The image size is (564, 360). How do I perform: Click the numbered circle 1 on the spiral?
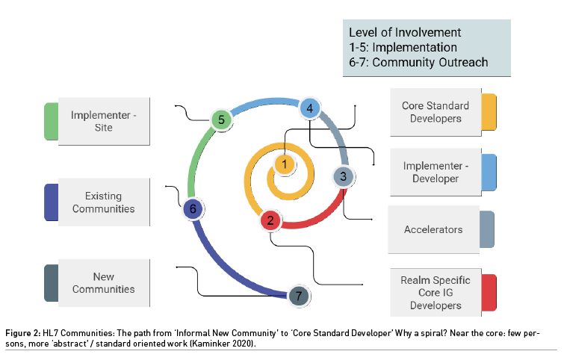pyautogui.click(x=285, y=164)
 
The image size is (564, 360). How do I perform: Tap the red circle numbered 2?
pyautogui.click(x=270, y=220)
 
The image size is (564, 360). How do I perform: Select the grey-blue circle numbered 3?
pyautogui.click(x=343, y=176)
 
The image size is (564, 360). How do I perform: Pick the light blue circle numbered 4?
pyautogui.click(x=310, y=108)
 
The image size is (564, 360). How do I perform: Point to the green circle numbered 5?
pyautogui.click(x=221, y=120)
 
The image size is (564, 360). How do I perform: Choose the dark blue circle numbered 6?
pyautogui.click(x=193, y=208)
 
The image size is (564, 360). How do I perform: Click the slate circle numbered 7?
pyautogui.click(x=299, y=296)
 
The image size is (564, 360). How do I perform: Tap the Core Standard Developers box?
pyautogui.click(x=436, y=112)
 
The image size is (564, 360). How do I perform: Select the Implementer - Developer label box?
pyautogui.click(x=436, y=173)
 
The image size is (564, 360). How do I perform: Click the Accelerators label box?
pyautogui.click(x=433, y=229)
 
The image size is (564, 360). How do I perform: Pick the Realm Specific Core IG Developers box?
pyautogui.click(x=436, y=292)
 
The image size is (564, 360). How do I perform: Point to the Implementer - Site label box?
pyautogui.click(x=104, y=121)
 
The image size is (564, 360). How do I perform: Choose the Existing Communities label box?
pyautogui.click(x=104, y=202)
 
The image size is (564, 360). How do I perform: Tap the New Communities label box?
pyautogui.click(x=104, y=283)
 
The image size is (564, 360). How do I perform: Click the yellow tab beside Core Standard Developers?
pyautogui.click(x=489, y=112)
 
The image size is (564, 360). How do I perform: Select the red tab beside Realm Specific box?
pyautogui.click(x=489, y=293)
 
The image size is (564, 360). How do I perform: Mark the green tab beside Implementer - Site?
pyautogui.click(x=51, y=121)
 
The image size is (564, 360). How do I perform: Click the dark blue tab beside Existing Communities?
pyautogui.click(x=51, y=202)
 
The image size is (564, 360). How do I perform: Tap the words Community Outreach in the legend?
pyautogui.click(x=430, y=62)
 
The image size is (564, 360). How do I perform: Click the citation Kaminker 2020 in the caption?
pyautogui.click(x=223, y=344)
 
